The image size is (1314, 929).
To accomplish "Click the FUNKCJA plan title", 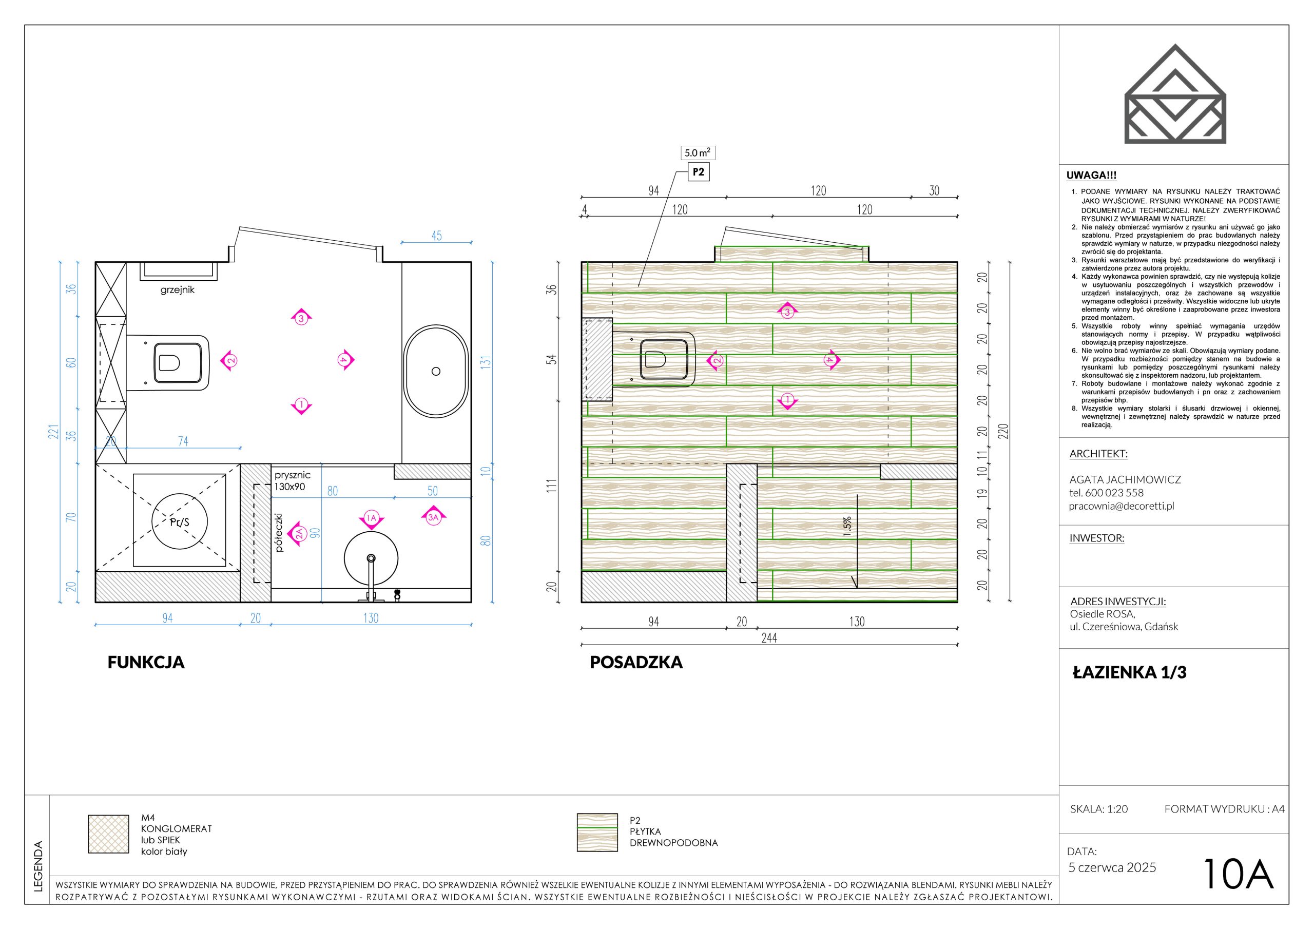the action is click(x=146, y=662).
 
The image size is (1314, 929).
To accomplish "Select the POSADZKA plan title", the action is click(x=636, y=662).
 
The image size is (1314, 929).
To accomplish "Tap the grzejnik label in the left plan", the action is click(x=178, y=290).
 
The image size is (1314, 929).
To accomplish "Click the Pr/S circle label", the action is click(x=180, y=522).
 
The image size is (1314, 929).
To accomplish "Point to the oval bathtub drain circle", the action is click(x=436, y=372).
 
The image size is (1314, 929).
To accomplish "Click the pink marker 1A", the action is click(x=371, y=518).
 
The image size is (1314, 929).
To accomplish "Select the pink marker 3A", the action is click(x=433, y=516).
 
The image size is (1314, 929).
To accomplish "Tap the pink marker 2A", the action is click(x=297, y=534).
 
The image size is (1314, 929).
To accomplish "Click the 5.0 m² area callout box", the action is click(x=698, y=153).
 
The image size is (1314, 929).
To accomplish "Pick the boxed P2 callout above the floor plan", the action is click(x=698, y=172).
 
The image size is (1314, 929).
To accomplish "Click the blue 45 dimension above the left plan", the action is click(x=437, y=236).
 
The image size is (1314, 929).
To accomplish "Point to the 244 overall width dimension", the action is click(x=769, y=638).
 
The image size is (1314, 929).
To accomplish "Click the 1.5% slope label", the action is click(x=847, y=527).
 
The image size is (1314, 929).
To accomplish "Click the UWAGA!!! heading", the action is click(x=1091, y=176).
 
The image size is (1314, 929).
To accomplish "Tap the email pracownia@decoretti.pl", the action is click(x=1122, y=506).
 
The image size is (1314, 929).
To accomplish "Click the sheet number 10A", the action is click(x=1239, y=875).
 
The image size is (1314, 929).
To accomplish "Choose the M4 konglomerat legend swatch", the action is click(x=108, y=834).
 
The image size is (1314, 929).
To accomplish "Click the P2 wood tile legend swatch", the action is click(x=597, y=833).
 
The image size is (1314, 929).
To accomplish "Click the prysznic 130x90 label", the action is click(x=293, y=481).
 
